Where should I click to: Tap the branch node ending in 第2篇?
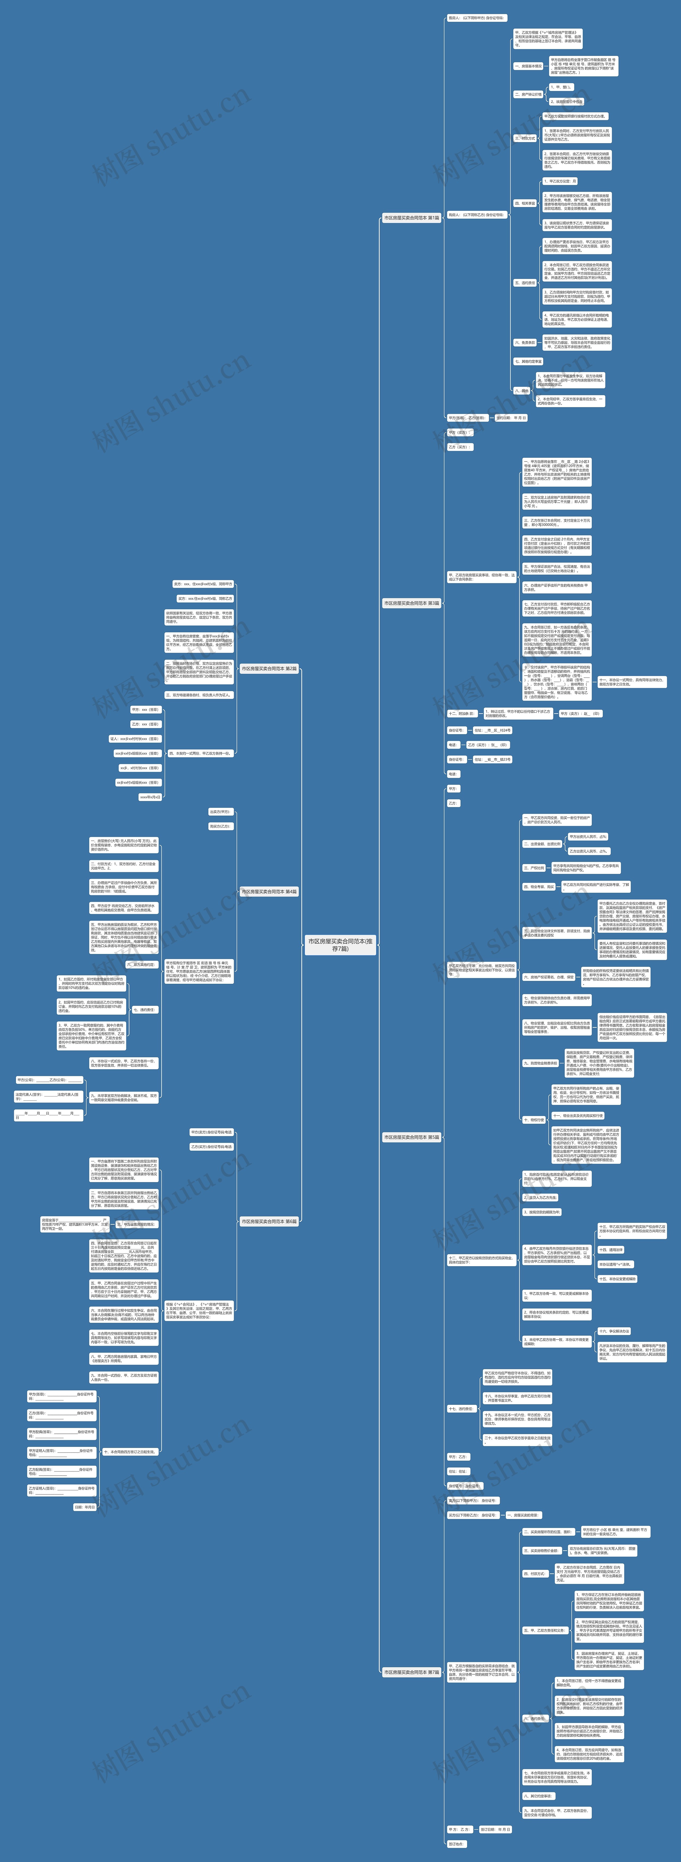click(x=269, y=669)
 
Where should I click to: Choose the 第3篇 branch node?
click(x=411, y=603)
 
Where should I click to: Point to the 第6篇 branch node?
click(x=269, y=1221)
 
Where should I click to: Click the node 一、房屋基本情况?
click(x=529, y=66)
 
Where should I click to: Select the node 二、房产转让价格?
click(x=529, y=94)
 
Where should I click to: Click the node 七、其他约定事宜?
click(x=529, y=361)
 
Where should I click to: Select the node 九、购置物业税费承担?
click(x=541, y=1063)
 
